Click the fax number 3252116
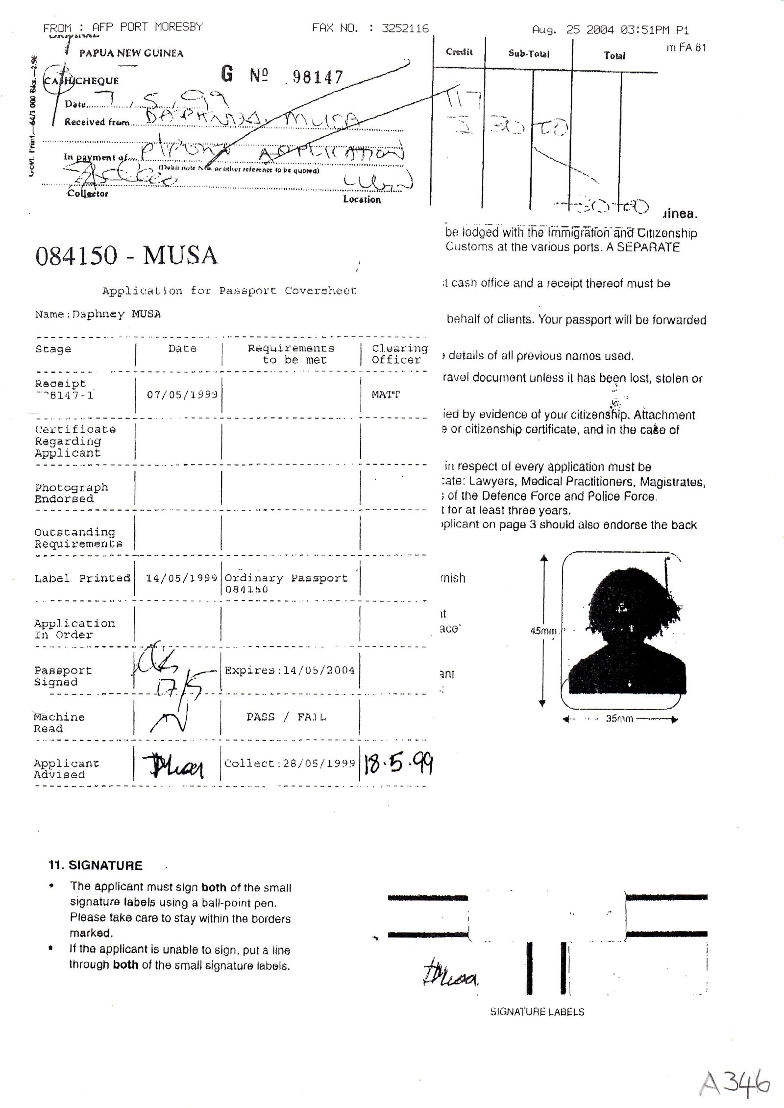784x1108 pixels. (x=405, y=28)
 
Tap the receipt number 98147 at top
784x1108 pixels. (x=317, y=77)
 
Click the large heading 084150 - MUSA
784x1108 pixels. (x=126, y=255)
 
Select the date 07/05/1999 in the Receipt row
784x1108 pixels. (x=182, y=394)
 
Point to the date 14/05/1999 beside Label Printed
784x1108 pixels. (x=181, y=578)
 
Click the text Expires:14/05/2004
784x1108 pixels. (x=290, y=670)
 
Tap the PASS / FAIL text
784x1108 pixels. (x=287, y=717)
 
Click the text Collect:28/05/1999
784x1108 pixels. (x=290, y=763)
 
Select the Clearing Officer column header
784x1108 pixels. (x=399, y=354)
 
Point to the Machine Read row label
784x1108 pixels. (x=59, y=722)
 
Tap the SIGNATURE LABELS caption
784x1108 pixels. (x=537, y=1011)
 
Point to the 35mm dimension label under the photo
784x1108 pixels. (x=619, y=719)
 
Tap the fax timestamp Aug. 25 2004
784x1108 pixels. (x=573, y=30)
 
